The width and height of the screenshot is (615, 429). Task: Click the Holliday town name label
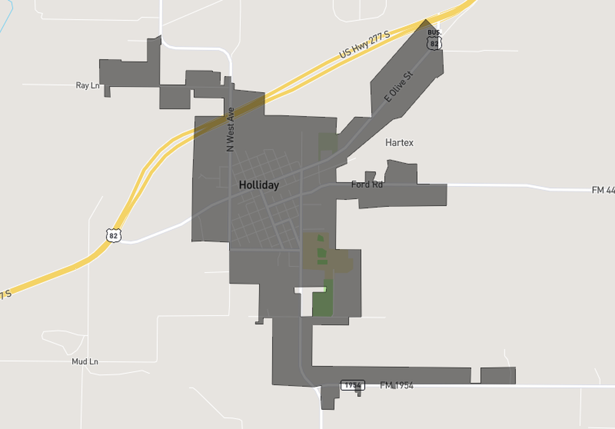tap(259, 185)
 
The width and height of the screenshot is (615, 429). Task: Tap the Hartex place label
tap(399, 143)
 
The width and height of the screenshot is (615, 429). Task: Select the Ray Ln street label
tap(88, 86)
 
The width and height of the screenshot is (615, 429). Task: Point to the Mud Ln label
tap(85, 362)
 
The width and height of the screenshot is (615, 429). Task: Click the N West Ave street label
tap(231, 129)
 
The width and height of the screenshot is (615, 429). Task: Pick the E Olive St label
tap(398, 87)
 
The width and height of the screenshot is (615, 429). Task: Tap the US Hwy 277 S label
tap(364, 45)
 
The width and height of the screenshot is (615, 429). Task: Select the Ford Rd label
tap(366, 185)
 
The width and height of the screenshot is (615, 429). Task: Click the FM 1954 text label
tap(396, 386)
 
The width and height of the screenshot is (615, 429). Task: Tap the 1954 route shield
tap(352, 386)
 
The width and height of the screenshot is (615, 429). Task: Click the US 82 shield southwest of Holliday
tap(114, 235)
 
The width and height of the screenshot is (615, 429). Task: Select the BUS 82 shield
tap(434, 41)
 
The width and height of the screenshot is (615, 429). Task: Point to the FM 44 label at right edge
tap(602, 190)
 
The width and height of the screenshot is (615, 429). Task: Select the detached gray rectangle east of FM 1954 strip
tap(498, 376)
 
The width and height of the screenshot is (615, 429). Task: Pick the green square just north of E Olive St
tap(327, 142)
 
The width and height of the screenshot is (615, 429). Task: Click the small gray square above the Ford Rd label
tap(370, 176)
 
